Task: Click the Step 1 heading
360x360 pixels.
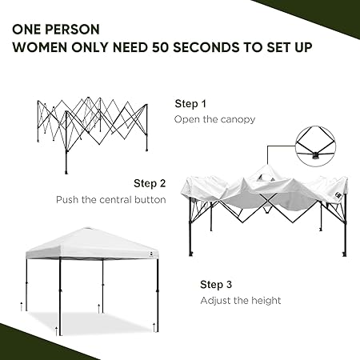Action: click(190, 104)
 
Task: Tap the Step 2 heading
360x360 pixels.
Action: click(150, 183)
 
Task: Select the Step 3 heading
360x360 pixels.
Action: click(216, 285)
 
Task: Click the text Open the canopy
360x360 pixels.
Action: click(214, 119)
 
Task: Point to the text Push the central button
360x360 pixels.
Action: click(111, 200)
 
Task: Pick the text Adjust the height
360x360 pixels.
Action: click(241, 301)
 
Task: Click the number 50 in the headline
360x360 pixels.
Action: click(161, 47)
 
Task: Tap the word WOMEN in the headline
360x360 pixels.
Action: click(40, 47)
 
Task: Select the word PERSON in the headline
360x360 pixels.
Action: click(72, 30)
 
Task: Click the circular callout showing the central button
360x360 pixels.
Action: click(315, 146)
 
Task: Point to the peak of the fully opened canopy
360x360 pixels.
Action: click(87, 228)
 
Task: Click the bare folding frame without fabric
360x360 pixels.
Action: click(92, 135)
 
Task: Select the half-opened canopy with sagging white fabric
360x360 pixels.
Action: click(264, 210)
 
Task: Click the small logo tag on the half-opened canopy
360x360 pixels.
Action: click(339, 195)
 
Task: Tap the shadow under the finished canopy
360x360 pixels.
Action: click(90, 322)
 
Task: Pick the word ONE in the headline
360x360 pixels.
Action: click(26, 30)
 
